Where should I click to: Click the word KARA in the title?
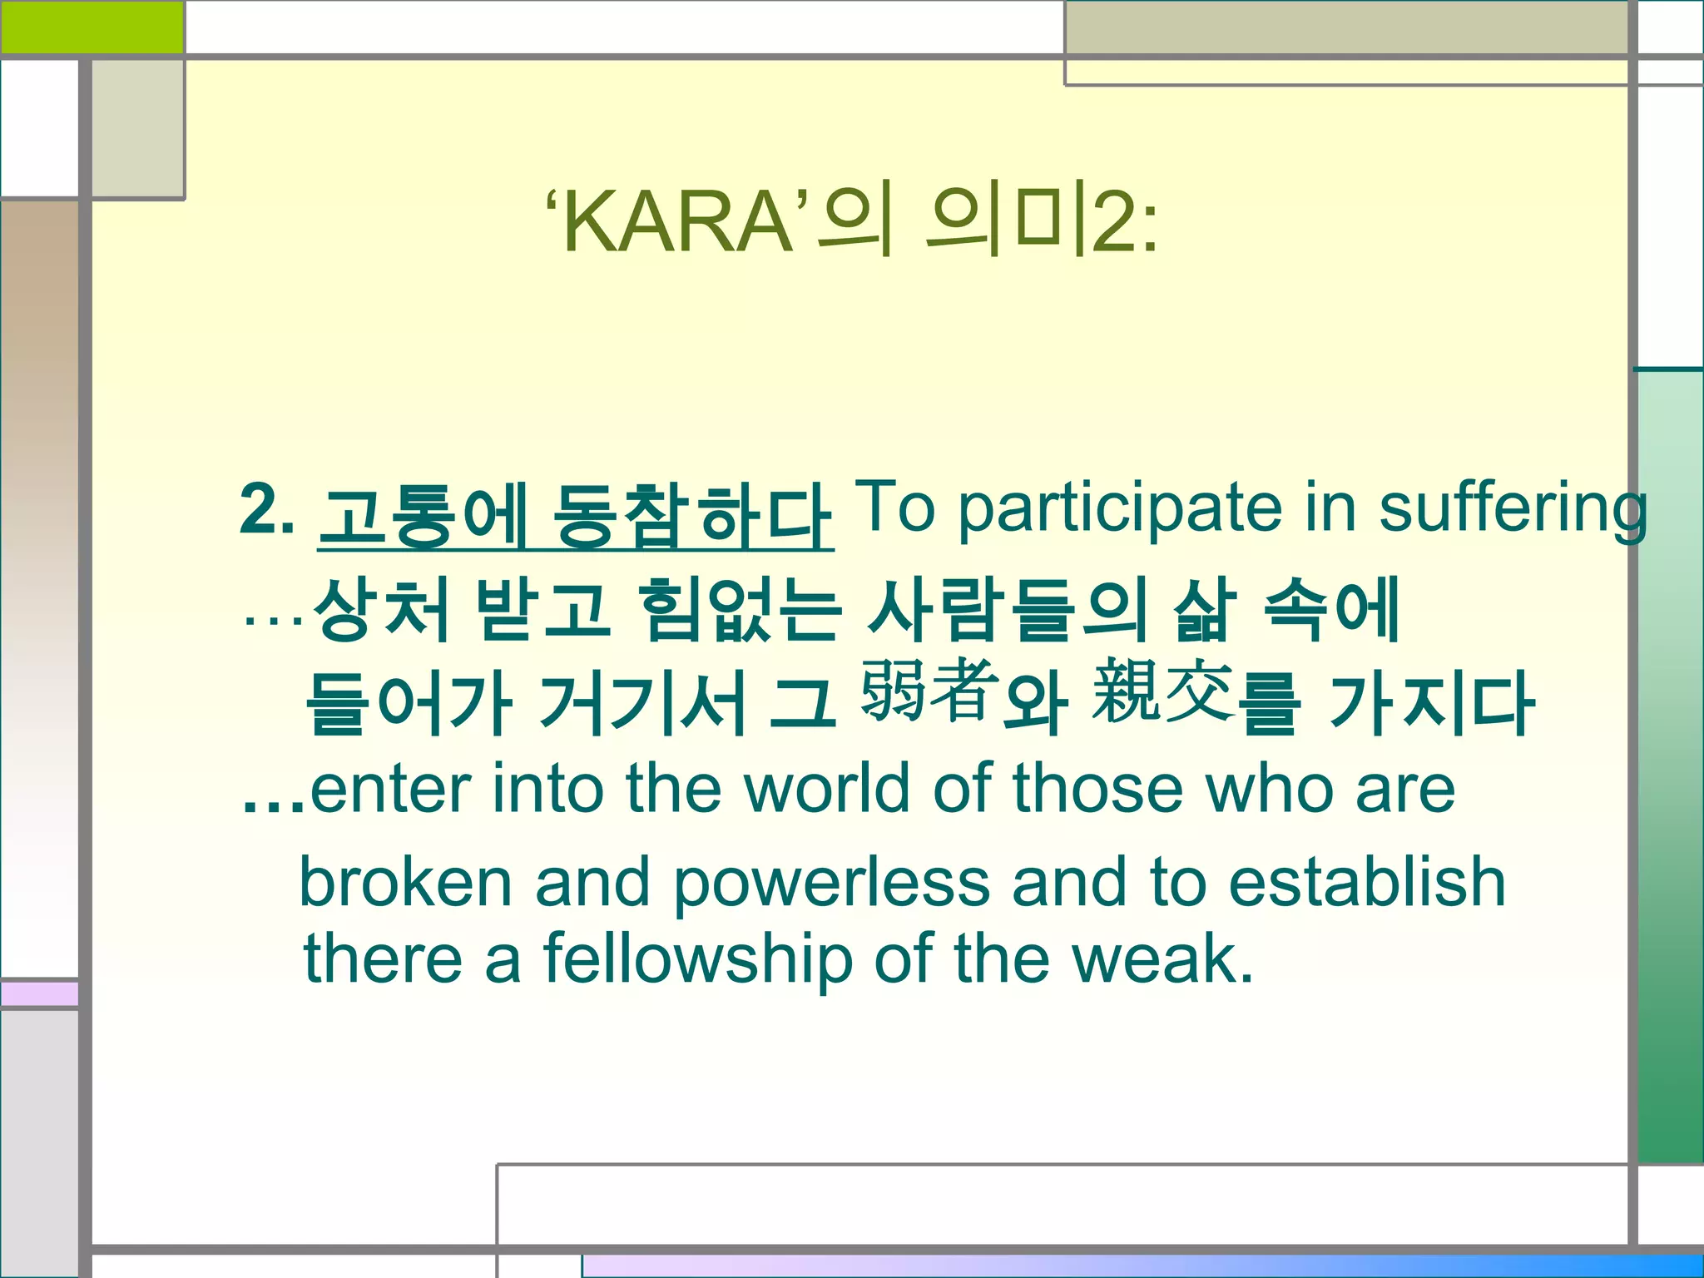tap(678, 222)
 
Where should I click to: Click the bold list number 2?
tap(257, 509)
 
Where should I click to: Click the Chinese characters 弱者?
tap(929, 690)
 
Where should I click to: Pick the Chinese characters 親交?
tap(1162, 690)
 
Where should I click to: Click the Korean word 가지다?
tap(1430, 703)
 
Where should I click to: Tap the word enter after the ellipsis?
tap(391, 789)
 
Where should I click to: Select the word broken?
tap(405, 882)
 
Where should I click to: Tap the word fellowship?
tap(698, 959)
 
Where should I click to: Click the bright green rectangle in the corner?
tap(92, 27)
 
